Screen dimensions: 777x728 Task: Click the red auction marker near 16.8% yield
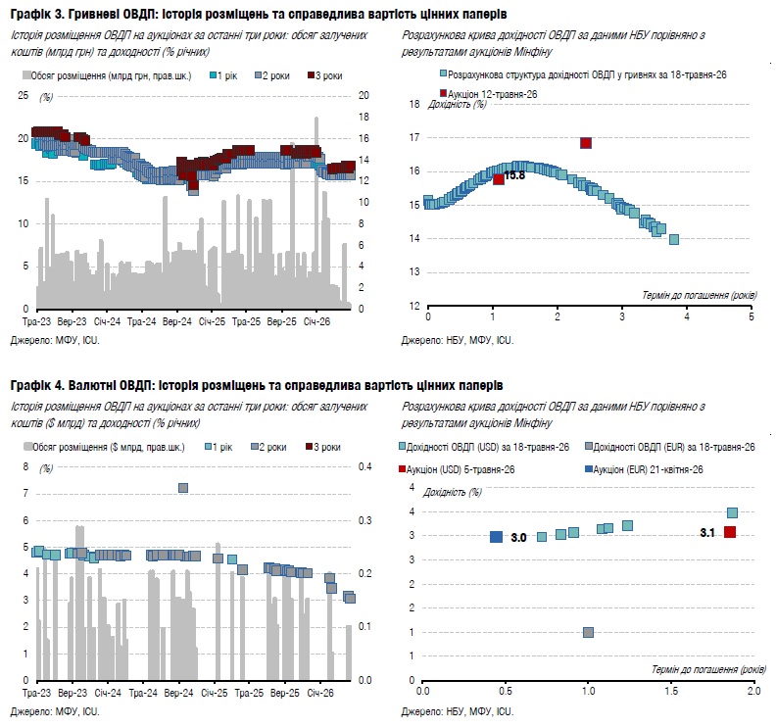pyautogui.click(x=586, y=143)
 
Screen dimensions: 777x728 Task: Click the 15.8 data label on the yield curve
pyautogui.click(x=514, y=175)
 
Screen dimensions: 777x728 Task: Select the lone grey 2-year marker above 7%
pyautogui.click(x=183, y=488)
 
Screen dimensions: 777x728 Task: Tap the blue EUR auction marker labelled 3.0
pyautogui.click(x=496, y=537)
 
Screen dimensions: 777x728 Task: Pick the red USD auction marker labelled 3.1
pyautogui.click(x=730, y=532)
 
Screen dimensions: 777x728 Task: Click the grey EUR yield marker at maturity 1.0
pyautogui.click(x=588, y=632)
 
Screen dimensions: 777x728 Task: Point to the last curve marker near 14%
pyautogui.click(x=674, y=239)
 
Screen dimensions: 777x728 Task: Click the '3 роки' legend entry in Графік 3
pyautogui.click(x=325, y=75)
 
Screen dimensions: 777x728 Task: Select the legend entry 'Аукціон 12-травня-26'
pyautogui.click(x=489, y=94)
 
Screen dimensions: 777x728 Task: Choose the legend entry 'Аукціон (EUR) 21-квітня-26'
pyautogui.click(x=644, y=469)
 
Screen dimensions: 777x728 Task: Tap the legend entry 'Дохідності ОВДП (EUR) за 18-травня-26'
pyautogui.click(x=670, y=447)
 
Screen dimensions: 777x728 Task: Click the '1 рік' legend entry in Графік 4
pyautogui.click(x=219, y=447)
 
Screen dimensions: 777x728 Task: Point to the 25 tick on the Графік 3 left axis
pyautogui.click(x=24, y=95)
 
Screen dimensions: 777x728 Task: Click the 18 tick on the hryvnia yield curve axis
pyautogui.click(x=414, y=104)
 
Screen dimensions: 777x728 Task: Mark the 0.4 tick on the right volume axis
pyautogui.click(x=365, y=466)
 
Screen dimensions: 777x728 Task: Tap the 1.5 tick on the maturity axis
pyautogui.click(x=671, y=691)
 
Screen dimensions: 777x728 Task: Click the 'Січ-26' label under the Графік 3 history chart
pyautogui.click(x=316, y=321)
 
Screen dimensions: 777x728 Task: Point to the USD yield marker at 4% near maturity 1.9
pyautogui.click(x=732, y=512)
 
